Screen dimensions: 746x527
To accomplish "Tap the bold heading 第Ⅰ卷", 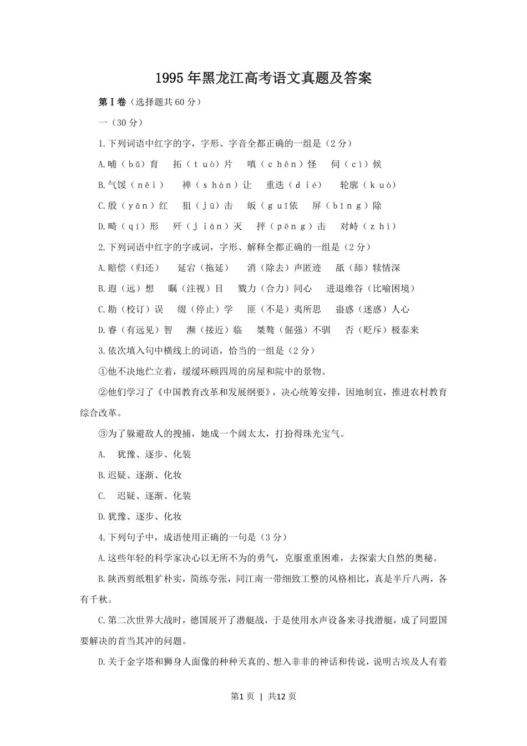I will tap(112, 102).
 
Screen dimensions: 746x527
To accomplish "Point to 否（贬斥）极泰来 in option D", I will tap(382, 330).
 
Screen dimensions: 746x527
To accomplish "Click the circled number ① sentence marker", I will tap(102, 372).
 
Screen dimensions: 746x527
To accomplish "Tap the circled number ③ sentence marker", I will tap(102, 434).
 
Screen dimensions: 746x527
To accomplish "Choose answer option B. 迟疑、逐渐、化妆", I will tap(140, 475).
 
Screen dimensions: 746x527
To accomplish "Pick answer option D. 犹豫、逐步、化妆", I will tap(140, 517).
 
